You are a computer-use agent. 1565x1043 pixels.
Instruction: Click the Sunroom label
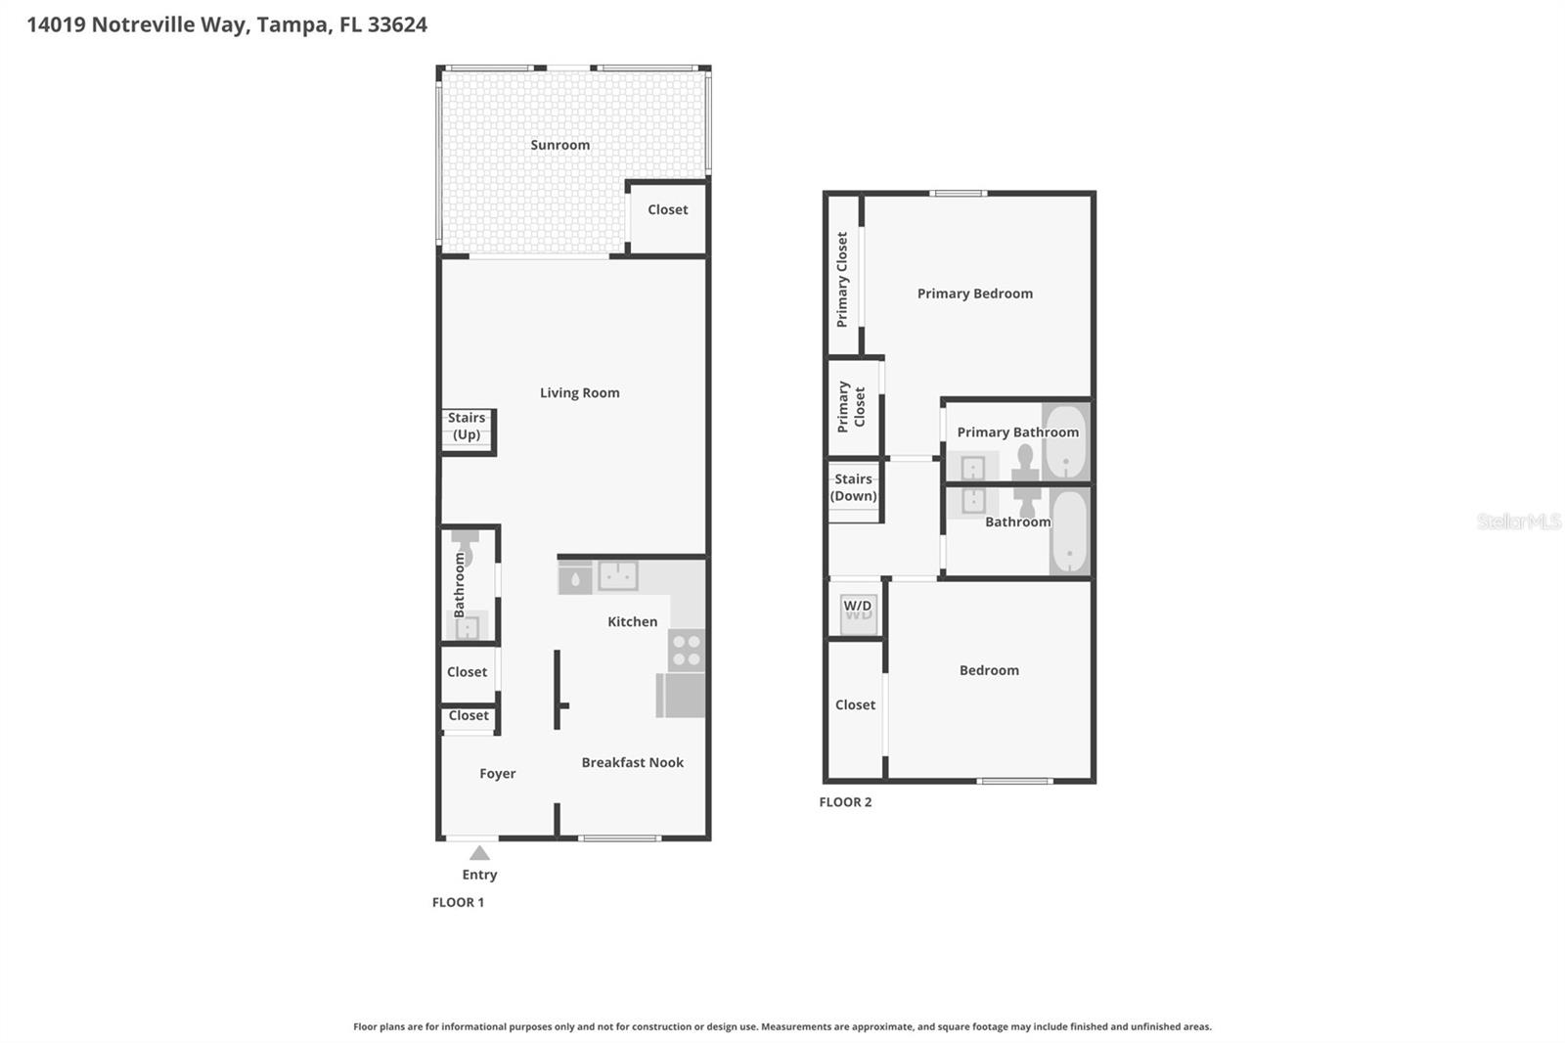pos(559,145)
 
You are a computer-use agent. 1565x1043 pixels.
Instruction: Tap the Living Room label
pos(579,392)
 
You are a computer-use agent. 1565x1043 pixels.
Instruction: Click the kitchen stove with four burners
pos(687,650)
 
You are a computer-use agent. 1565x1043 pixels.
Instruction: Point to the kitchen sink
pos(617,575)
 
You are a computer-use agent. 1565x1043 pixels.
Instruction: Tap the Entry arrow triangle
pos(479,853)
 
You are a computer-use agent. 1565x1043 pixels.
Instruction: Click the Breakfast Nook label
pos(632,762)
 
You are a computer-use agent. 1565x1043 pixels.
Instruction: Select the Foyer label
pos(497,773)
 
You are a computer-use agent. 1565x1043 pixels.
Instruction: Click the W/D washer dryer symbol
pos(858,612)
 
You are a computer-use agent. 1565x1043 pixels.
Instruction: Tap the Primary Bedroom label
pos(974,294)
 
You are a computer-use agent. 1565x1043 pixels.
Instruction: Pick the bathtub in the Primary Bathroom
pos(1064,441)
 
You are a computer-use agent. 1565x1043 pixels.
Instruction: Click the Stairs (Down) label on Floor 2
pos(853,487)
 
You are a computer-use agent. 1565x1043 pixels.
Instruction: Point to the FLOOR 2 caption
pos(845,801)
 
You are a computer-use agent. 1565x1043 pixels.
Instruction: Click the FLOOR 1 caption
pos(458,902)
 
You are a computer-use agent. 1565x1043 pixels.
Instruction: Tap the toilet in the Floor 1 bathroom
pos(465,549)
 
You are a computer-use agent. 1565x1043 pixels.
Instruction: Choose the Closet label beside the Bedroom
pos(855,704)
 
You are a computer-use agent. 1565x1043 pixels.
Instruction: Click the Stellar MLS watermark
pos(1518,521)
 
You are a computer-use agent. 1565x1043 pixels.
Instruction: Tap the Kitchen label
pos(632,621)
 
